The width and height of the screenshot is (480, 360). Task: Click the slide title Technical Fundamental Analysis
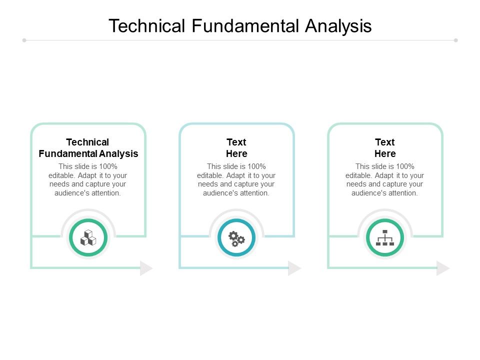coord(240,25)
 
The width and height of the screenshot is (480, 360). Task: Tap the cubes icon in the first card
coord(88,237)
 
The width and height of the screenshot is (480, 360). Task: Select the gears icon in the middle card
coord(236,238)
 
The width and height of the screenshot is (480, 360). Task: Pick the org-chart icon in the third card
coord(385,237)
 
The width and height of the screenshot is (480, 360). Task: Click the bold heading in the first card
coord(88,148)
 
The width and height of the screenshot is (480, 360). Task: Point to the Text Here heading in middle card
coord(236,148)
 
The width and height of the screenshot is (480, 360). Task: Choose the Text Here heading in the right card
coord(385,148)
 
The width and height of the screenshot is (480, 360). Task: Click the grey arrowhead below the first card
coord(146,268)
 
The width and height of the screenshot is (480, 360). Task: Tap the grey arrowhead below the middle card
coord(294,268)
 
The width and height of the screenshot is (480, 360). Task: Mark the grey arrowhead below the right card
coord(443,268)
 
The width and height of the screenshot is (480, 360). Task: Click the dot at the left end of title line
coord(24,40)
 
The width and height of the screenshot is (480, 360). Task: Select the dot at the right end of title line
coord(456,40)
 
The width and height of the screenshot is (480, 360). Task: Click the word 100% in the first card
coord(108,166)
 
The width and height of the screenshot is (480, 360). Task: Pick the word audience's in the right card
coord(369,193)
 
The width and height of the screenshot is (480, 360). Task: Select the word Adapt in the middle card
coord(239,175)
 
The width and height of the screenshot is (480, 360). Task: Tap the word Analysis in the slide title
coord(339,25)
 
